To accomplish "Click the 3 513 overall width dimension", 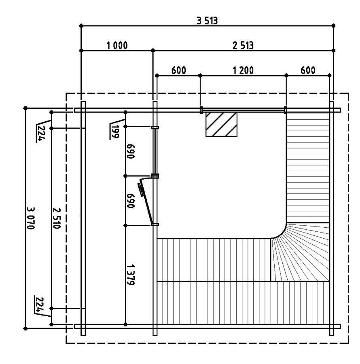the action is tap(207, 21).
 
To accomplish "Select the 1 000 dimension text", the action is tap(117, 45).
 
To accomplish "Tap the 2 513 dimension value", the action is tap(243, 45).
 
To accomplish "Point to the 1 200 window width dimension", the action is tap(243, 70).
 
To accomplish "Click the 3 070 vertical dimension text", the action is tap(31, 218).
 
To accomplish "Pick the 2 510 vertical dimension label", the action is tap(57, 218).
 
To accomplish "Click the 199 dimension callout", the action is tap(115, 131).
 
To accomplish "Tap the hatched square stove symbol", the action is tap(221, 125).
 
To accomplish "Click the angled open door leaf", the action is tap(146, 200).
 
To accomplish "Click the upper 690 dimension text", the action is tap(131, 151).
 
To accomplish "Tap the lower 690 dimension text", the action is tap(131, 201).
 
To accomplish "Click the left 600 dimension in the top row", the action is tap(179, 70).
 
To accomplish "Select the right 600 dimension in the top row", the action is tap(308, 70).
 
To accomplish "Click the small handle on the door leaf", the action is tap(141, 189).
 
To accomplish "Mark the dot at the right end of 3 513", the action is tap(334, 25).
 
